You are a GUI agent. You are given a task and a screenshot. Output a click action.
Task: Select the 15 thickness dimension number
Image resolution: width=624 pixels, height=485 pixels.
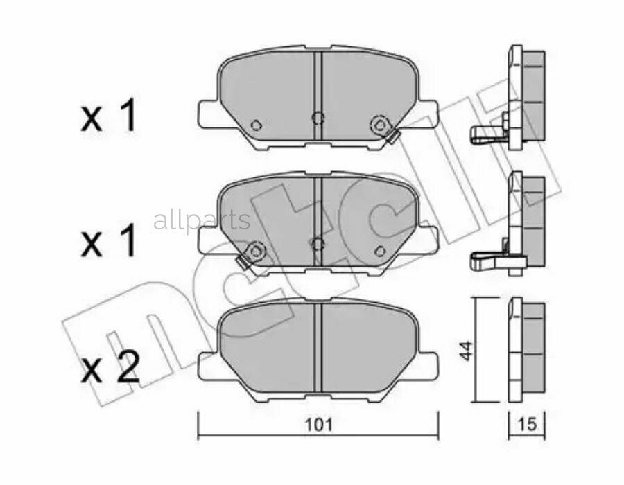[x=528, y=424]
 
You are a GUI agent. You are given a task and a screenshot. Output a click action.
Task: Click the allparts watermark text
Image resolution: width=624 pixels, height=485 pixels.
[x=201, y=221]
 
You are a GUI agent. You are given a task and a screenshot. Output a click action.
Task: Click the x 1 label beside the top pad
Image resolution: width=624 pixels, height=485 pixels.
[x=110, y=118]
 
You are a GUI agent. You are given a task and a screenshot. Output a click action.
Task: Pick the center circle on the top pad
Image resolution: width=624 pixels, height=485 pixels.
[x=318, y=116]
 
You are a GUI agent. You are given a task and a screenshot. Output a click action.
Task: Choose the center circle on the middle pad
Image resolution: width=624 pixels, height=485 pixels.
[x=318, y=242]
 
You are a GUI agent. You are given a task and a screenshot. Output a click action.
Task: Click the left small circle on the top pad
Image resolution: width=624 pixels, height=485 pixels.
[x=254, y=125]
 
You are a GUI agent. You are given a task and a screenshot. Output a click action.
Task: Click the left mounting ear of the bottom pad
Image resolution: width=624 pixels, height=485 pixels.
[x=207, y=362]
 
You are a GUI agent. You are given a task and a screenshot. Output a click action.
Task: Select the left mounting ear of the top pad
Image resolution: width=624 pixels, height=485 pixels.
[x=207, y=111]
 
